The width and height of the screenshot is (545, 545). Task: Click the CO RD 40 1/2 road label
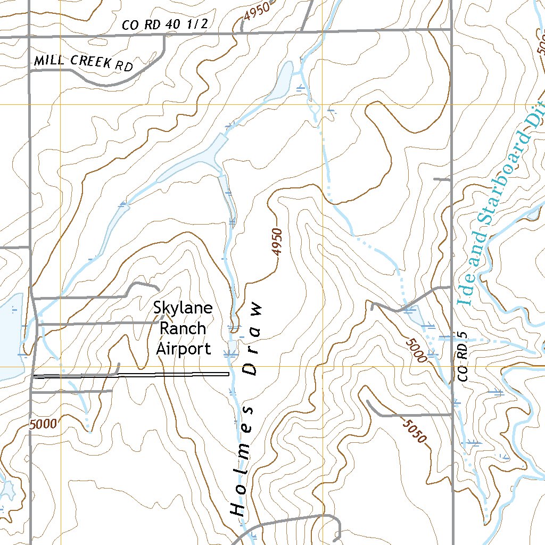tap(164, 24)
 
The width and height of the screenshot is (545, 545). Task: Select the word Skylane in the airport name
tap(183, 308)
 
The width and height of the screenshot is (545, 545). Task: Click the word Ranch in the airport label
tap(181, 328)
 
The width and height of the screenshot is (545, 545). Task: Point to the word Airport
tap(183, 349)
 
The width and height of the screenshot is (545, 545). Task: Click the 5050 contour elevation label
tap(415, 432)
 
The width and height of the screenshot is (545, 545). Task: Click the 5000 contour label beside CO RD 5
tap(416, 350)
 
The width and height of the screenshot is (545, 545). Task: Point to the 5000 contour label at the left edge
tap(43, 424)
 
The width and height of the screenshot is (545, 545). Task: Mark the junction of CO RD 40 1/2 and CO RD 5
tap(451, 30)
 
